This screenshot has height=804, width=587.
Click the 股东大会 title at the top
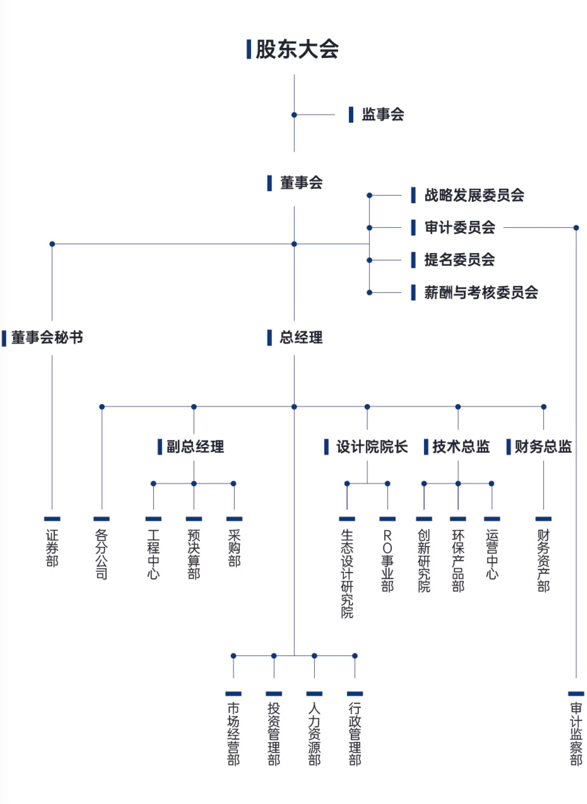click(297, 49)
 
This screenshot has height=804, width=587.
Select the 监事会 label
click(383, 115)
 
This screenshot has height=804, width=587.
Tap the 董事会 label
click(301, 183)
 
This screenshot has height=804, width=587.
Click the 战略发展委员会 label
click(474, 195)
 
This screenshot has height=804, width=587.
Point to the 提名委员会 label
click(460, 260)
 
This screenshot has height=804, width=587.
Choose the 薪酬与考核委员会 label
click(481, 292)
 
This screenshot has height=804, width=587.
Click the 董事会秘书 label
click(47, 338)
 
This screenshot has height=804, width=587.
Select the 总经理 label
click(301, 338)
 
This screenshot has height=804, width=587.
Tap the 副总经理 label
click(195, 447)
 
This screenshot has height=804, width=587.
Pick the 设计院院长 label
click(372, 447)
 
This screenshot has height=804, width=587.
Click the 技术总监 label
click(461, 447)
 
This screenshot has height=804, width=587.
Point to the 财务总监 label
click(543, 447)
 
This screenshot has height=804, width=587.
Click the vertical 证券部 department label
click(52, 548)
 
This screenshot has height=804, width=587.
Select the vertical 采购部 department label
click(234, 548)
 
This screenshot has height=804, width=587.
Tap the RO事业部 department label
click(387, 561)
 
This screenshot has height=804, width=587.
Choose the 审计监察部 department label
click(576, 734)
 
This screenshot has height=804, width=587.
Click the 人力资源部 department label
click(314, 734)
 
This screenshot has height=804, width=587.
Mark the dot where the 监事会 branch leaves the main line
click(294, 115)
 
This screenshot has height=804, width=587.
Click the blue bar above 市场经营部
click(234, 694)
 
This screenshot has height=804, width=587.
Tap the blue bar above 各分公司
click(102, 519)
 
